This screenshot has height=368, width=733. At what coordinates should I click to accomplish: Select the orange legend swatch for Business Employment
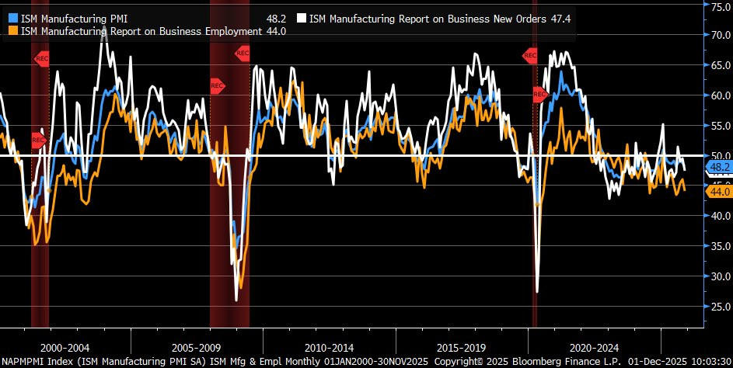pos(13,31)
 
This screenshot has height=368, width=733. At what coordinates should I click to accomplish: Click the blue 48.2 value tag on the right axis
pos(717,167)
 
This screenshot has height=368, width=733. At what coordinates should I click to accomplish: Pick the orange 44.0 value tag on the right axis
pos(717,192)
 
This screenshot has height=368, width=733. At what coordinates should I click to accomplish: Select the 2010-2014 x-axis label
pos(330,348)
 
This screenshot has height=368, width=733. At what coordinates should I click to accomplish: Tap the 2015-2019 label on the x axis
pos(462,348)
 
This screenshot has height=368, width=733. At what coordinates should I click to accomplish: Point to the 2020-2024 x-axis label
pos(595,348)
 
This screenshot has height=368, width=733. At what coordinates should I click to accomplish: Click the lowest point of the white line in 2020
pos(537,292)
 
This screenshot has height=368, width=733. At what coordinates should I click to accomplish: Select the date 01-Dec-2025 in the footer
pos(653,362)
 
